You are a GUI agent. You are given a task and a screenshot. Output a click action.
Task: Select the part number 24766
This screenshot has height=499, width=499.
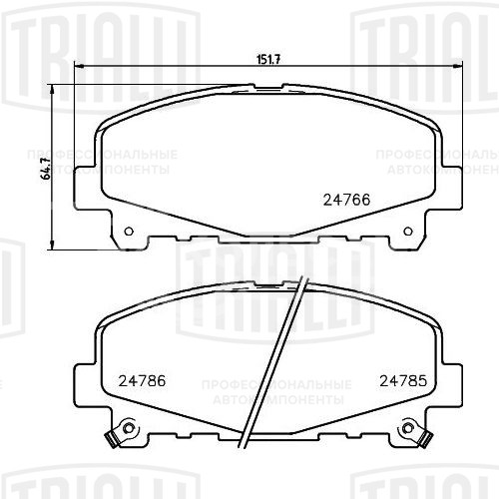(x=345, y=198)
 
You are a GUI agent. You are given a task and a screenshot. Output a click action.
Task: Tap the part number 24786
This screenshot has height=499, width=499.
(x=141, y=379)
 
